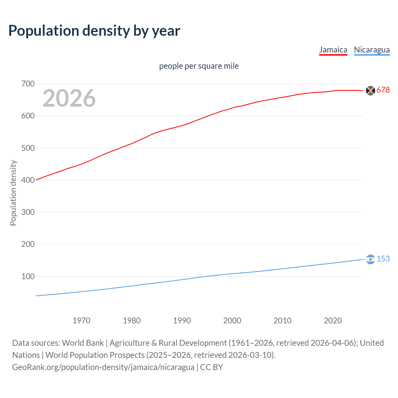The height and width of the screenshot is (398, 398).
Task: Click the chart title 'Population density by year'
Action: point(94,31)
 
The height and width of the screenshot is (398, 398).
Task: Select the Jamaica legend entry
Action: point(333,50)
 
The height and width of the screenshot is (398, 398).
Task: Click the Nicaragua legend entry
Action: point(372,50)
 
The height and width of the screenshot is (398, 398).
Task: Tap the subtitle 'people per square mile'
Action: point(199,66)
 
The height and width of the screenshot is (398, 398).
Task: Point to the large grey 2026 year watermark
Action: point(69,98)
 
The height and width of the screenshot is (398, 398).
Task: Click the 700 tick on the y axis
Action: point(28,84)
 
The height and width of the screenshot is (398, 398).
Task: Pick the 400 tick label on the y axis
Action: point(28,180)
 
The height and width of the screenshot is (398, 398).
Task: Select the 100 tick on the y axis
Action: point(28,276)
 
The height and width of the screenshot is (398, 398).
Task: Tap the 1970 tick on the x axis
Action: point(81,321)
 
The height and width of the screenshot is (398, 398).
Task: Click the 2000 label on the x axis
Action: point(232,321)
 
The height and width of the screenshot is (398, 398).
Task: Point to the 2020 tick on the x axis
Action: point(333,321)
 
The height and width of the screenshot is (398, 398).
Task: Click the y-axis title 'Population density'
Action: point(13,193)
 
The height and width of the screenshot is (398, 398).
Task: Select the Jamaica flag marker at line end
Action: point(370,90)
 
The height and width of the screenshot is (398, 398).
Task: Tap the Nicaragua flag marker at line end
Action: point(370,259)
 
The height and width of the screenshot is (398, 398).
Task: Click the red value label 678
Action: point(383,90)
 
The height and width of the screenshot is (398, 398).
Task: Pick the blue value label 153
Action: point(383,259)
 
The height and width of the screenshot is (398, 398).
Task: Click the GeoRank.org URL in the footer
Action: point(103,367)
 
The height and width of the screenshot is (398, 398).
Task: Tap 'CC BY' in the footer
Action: point(211,367)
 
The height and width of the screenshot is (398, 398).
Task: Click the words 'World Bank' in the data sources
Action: point(83,343)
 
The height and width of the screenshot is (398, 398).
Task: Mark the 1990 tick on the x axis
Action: point(182,321)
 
